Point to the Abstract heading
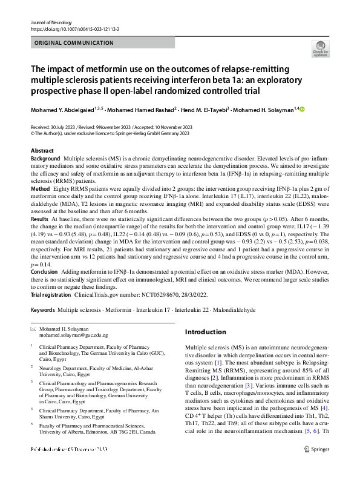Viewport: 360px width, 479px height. [42, 150]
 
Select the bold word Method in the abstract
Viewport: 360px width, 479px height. [41, 189]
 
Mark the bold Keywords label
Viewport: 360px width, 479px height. [42, 309]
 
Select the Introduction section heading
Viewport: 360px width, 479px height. [205, 332]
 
